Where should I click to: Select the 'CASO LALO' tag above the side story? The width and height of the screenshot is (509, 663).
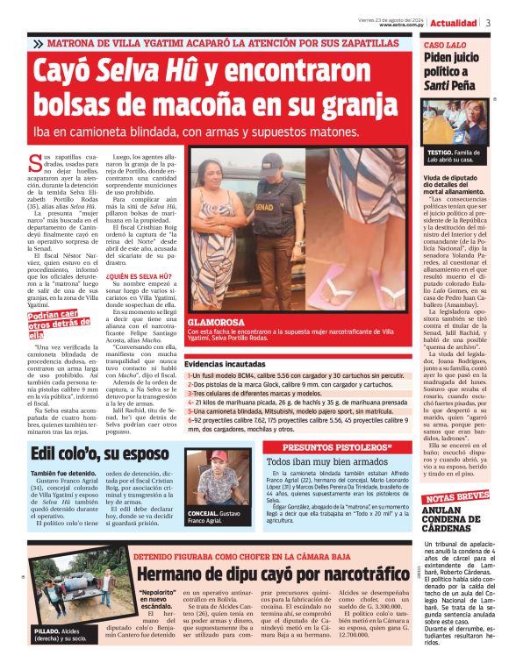(x=445, y=44)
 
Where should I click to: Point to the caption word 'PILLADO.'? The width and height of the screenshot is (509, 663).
(x=48, y=630)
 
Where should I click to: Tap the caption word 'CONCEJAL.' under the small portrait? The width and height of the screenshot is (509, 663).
(x=204, y=513)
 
